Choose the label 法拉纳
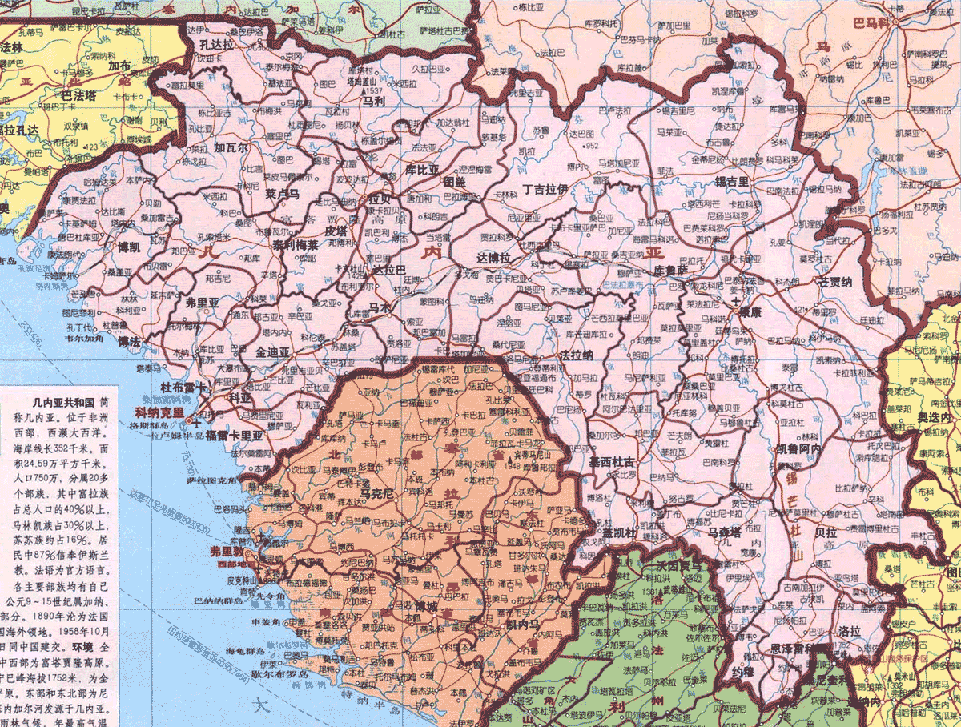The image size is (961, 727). [577, 354]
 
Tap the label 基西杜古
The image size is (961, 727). [612, 462]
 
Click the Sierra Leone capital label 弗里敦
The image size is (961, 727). [226, 552]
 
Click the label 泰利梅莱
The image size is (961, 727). [294, 245]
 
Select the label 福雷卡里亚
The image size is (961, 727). [234, 436]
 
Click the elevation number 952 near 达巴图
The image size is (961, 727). [592, 146]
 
